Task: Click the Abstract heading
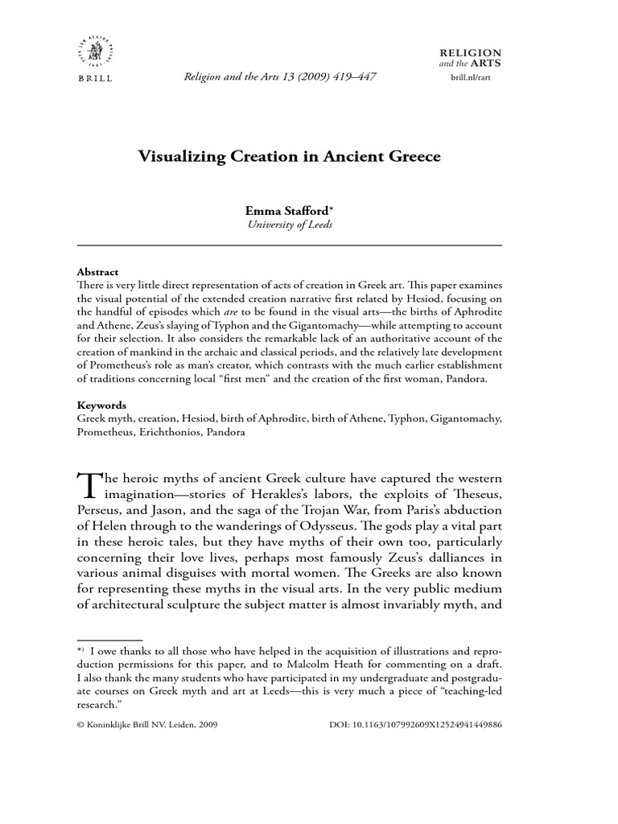tap(97, 272)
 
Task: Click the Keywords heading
tap(101, 406)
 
